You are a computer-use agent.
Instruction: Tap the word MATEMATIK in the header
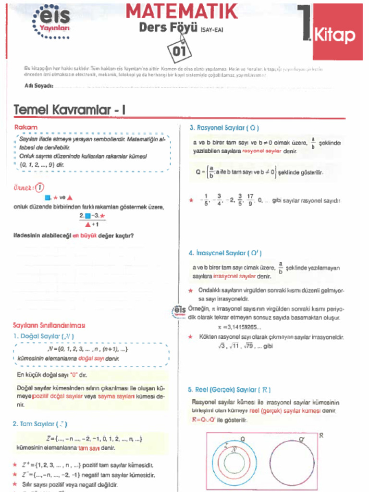point(182,11)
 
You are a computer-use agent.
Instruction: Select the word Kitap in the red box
point(334,36)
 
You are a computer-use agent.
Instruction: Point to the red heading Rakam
point(26,127)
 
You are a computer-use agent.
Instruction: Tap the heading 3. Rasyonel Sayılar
point(224,128)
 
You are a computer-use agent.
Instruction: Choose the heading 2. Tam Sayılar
point(40,424)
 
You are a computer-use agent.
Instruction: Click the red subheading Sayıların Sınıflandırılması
point(49,325)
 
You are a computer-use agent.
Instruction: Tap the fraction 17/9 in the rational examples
point(250,199)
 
